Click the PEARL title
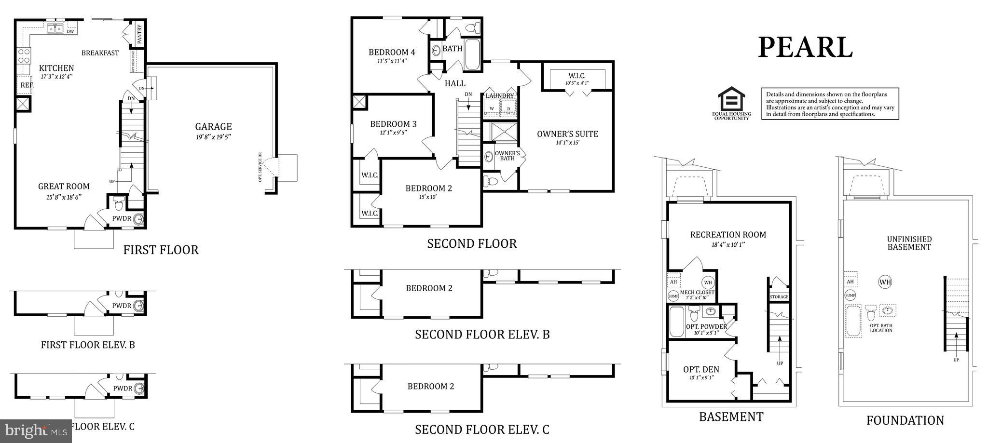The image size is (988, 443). click(805, 48)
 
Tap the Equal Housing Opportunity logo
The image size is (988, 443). click(732, 103)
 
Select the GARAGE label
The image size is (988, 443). click(213, 127)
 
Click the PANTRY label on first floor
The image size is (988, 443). click(140, 35)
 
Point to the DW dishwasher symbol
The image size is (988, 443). click(70, 31)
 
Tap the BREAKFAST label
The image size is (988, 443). click(100, 53)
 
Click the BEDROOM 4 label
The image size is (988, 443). click(392, 53)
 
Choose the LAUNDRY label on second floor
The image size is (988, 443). click(500, 96)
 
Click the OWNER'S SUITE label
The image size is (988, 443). click(567, 134)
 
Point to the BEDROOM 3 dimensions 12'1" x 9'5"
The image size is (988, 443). click(393, 133)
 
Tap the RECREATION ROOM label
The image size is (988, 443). click(728, 235)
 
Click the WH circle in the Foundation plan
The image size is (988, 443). click(885, 282)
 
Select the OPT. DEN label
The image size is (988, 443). click(701, 369)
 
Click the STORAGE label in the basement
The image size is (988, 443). click(779, 297)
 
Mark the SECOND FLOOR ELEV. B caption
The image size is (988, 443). click(482, 334)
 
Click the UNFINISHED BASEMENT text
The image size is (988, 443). click(909, 243)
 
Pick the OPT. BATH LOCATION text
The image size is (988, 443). click(881, 328)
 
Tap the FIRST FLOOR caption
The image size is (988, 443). click(161, 250)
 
